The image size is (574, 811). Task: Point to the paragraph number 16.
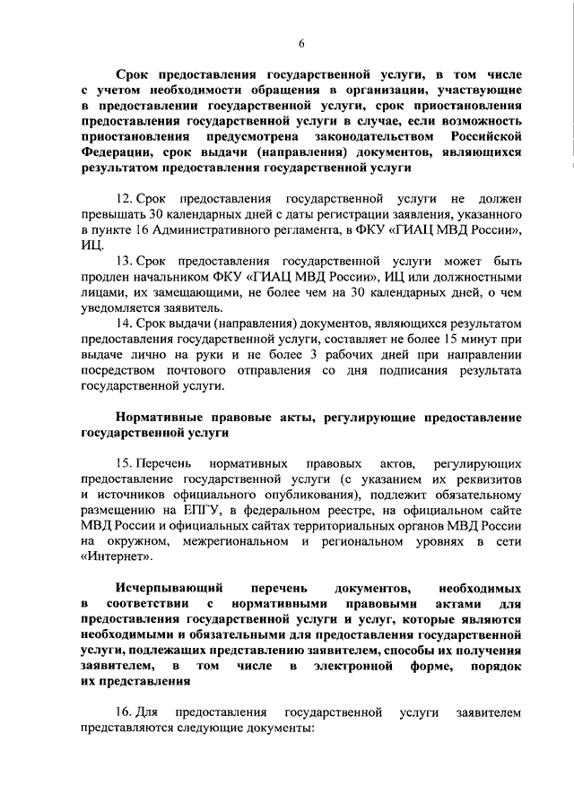coord(124,712)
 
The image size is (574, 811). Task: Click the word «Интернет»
coord(116,556)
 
